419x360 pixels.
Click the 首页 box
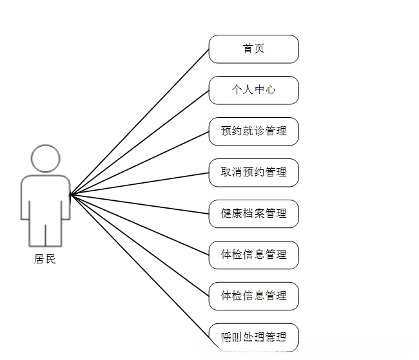click(253, 49)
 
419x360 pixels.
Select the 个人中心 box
click(253, 90)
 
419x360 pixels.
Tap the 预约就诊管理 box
click(253, 131)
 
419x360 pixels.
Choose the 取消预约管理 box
click(253, 173)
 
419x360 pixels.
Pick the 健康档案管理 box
click(253, 214)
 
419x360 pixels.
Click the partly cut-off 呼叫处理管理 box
click(253, 336)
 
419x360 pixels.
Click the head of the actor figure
click(46, 158)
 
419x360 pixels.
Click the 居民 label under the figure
click(45, 260)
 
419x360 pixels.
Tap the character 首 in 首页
click(248, 49)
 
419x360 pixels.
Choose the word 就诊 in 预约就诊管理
click(253, 131)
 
